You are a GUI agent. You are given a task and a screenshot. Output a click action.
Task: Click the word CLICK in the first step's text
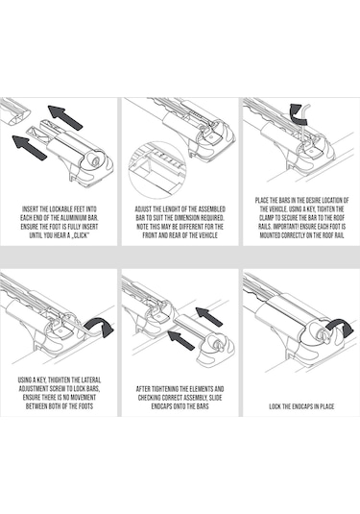(81, 235)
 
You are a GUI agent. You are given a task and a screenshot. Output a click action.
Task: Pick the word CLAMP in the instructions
(267, 218)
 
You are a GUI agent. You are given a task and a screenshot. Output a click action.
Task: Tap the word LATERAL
(91, 379)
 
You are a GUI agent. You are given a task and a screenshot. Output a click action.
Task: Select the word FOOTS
(85, 406)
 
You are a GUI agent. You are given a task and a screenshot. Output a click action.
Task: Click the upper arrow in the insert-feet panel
(65, 117)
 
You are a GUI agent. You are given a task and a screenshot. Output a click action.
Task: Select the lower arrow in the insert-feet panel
(30, 148)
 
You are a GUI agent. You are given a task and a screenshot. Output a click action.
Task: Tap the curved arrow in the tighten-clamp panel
(297, 115)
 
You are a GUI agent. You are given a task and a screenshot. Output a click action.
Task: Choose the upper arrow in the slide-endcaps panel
(209, 317)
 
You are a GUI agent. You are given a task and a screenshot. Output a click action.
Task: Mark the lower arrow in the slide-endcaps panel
(181, 340)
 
